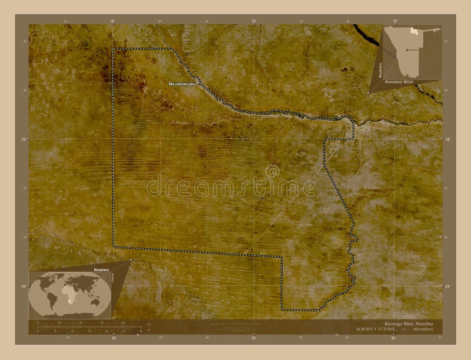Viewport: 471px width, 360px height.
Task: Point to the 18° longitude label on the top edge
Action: [112, 21]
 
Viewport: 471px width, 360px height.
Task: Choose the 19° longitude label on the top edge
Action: [254, 21]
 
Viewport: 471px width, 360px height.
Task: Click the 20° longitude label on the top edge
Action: [395, 21]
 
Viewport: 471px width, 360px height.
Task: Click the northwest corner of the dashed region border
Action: [114, 49]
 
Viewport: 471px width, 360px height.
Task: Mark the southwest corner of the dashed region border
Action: [114, 246]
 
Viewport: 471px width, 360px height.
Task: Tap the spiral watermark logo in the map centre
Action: [272, 171]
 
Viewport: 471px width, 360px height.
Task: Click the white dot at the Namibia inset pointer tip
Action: [367, 92]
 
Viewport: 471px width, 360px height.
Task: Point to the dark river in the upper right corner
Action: [368, 37]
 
